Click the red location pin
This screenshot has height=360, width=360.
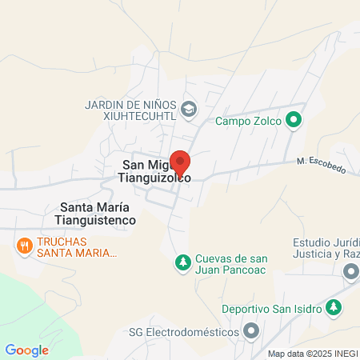pos(180,162)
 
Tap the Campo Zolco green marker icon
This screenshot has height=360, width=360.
pos(294,122)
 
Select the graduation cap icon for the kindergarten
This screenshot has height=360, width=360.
pos(189,109)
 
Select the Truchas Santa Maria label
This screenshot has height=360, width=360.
pos(77,246)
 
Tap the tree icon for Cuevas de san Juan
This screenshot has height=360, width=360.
pos(183,262)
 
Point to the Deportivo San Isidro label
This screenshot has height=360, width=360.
pos(271,308)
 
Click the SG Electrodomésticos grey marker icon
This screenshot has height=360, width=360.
pos(252,330)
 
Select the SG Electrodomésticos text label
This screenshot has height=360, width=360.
pos(189,331)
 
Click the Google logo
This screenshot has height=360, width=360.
pos(26,350)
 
